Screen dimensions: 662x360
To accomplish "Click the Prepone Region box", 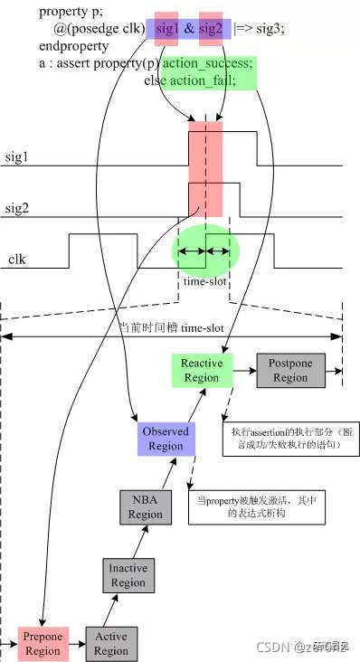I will pos(43,643).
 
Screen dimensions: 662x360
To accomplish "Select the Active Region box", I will pos(110,644).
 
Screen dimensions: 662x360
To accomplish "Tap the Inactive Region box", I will pos(128,576).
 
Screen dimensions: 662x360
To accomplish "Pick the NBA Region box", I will pos(146,507).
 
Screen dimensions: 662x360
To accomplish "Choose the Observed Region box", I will pos(166,439).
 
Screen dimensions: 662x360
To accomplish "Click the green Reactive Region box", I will pos(201,371).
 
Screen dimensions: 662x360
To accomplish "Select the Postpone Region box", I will pos(290,371).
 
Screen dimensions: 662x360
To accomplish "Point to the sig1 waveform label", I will pos(17,156).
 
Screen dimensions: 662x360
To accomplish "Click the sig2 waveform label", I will pos(17,206).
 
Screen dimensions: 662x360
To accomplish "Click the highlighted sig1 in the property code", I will pos(167,28).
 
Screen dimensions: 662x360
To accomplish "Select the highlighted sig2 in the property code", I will pos(210,28).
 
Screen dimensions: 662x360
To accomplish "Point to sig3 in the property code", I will pos(272,28).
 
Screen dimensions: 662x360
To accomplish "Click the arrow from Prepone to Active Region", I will pos(77,644).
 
